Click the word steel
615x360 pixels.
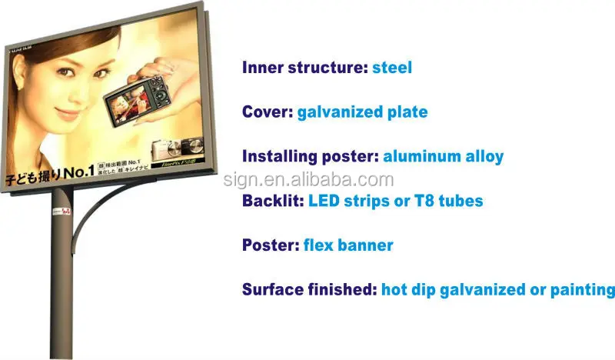click(392, 68)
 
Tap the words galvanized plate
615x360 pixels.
click(361, 112)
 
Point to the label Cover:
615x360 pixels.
click(266, 112)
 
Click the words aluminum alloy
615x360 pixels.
click(443, 157)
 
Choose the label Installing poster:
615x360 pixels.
click(310, 157)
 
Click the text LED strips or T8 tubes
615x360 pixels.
click(396, 201)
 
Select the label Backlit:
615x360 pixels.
click(273, 201)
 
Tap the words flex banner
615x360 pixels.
click(348, 245)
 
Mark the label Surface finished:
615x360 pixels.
click(309, 290)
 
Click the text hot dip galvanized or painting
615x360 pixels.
click(498, 290)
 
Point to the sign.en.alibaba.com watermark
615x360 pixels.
click(308, 180)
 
